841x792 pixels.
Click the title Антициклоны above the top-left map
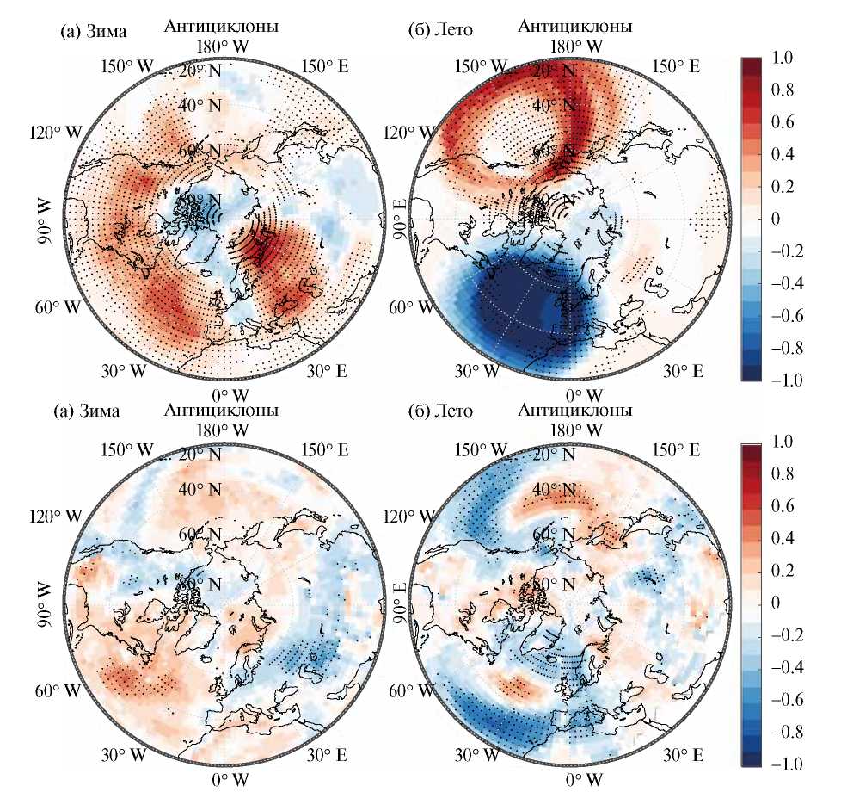221,27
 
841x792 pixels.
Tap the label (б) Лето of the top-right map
440,32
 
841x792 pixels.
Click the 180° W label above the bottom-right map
574,429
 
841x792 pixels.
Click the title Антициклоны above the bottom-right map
575,411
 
